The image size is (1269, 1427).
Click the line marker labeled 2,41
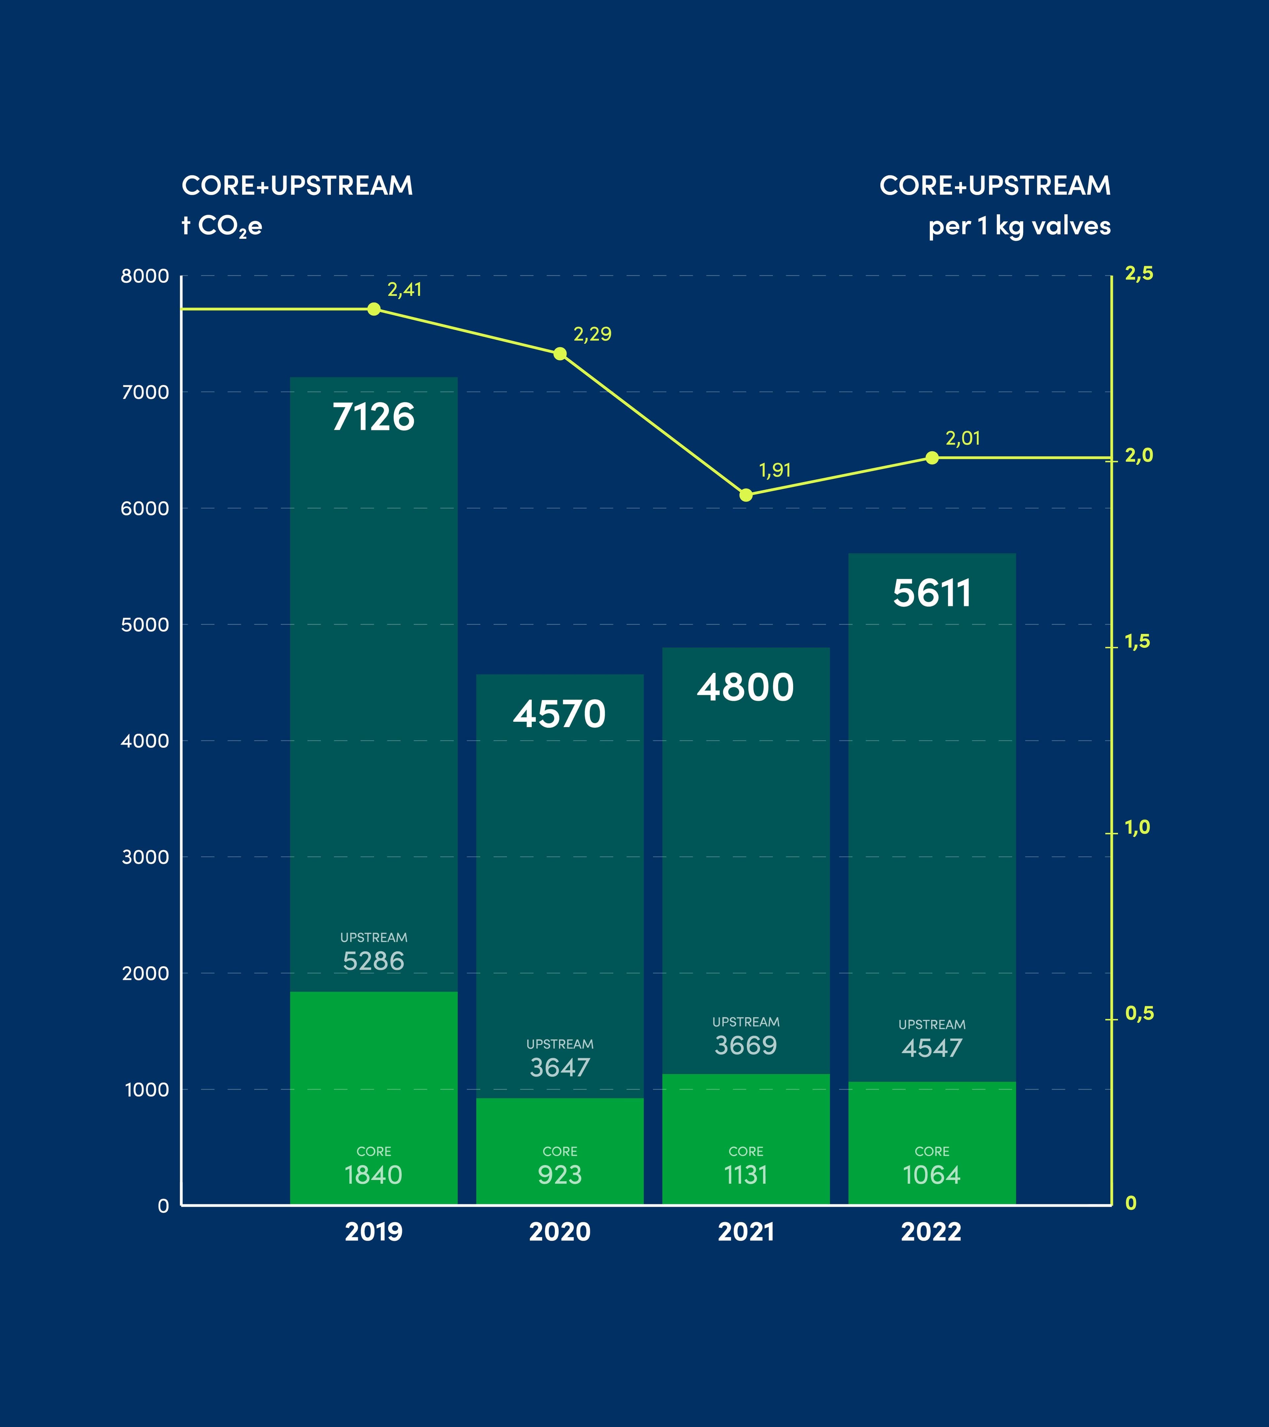coord(374,309)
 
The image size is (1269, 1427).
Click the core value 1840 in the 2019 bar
coord(374,1175)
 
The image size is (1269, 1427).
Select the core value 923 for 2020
coord(559,1175)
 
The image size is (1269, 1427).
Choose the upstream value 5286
coord(374,961)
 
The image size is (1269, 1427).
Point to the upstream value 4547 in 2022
coord(932,1048)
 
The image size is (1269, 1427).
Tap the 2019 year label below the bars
coord(374,1231)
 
